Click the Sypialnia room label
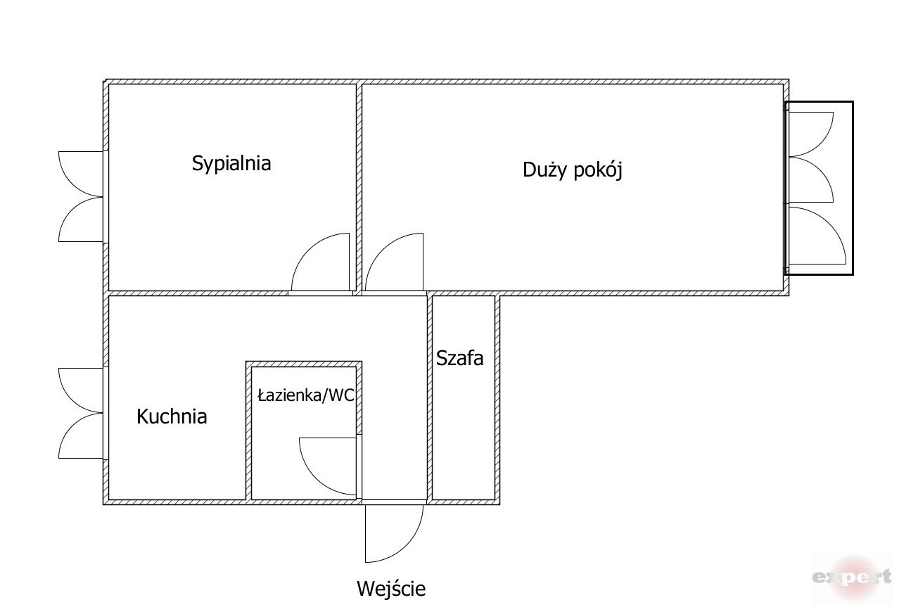tap(231, 164)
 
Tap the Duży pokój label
tap(573, 170)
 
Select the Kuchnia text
tap(172, 416)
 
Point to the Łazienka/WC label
tap(306, 395)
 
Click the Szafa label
tap(459, 358)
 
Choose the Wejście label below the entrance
tap(391, 589)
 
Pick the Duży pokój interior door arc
tap(381, 249)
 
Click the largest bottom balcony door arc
tap(829, 224)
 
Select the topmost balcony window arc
tap(821, 144)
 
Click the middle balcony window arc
tap(821, 170)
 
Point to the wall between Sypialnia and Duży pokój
tap(359, 187)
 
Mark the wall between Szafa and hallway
tap(430, 397)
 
